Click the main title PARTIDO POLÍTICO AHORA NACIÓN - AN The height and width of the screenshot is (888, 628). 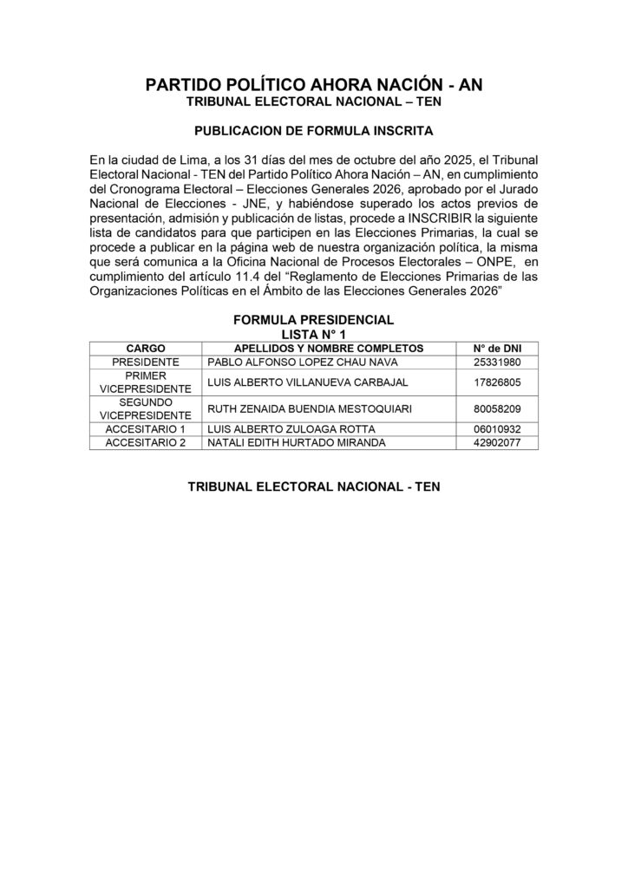point(313,84)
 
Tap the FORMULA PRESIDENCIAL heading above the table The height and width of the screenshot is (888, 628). point(313,320)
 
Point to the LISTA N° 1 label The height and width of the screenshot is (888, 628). point(313,333)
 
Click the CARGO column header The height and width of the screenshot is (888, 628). point(145,348)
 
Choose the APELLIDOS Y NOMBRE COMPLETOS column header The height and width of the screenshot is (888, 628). point(328,348)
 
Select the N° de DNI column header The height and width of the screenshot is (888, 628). point(497,348)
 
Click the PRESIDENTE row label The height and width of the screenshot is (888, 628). point(145,362)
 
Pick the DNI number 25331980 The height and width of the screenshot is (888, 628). point(497,362)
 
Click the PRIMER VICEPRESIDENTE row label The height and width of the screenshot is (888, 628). point(145,382)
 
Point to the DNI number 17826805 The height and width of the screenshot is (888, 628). point(497,382)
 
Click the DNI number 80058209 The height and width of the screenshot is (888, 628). point(497,408)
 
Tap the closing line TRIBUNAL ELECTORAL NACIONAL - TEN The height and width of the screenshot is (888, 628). point(313,487)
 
